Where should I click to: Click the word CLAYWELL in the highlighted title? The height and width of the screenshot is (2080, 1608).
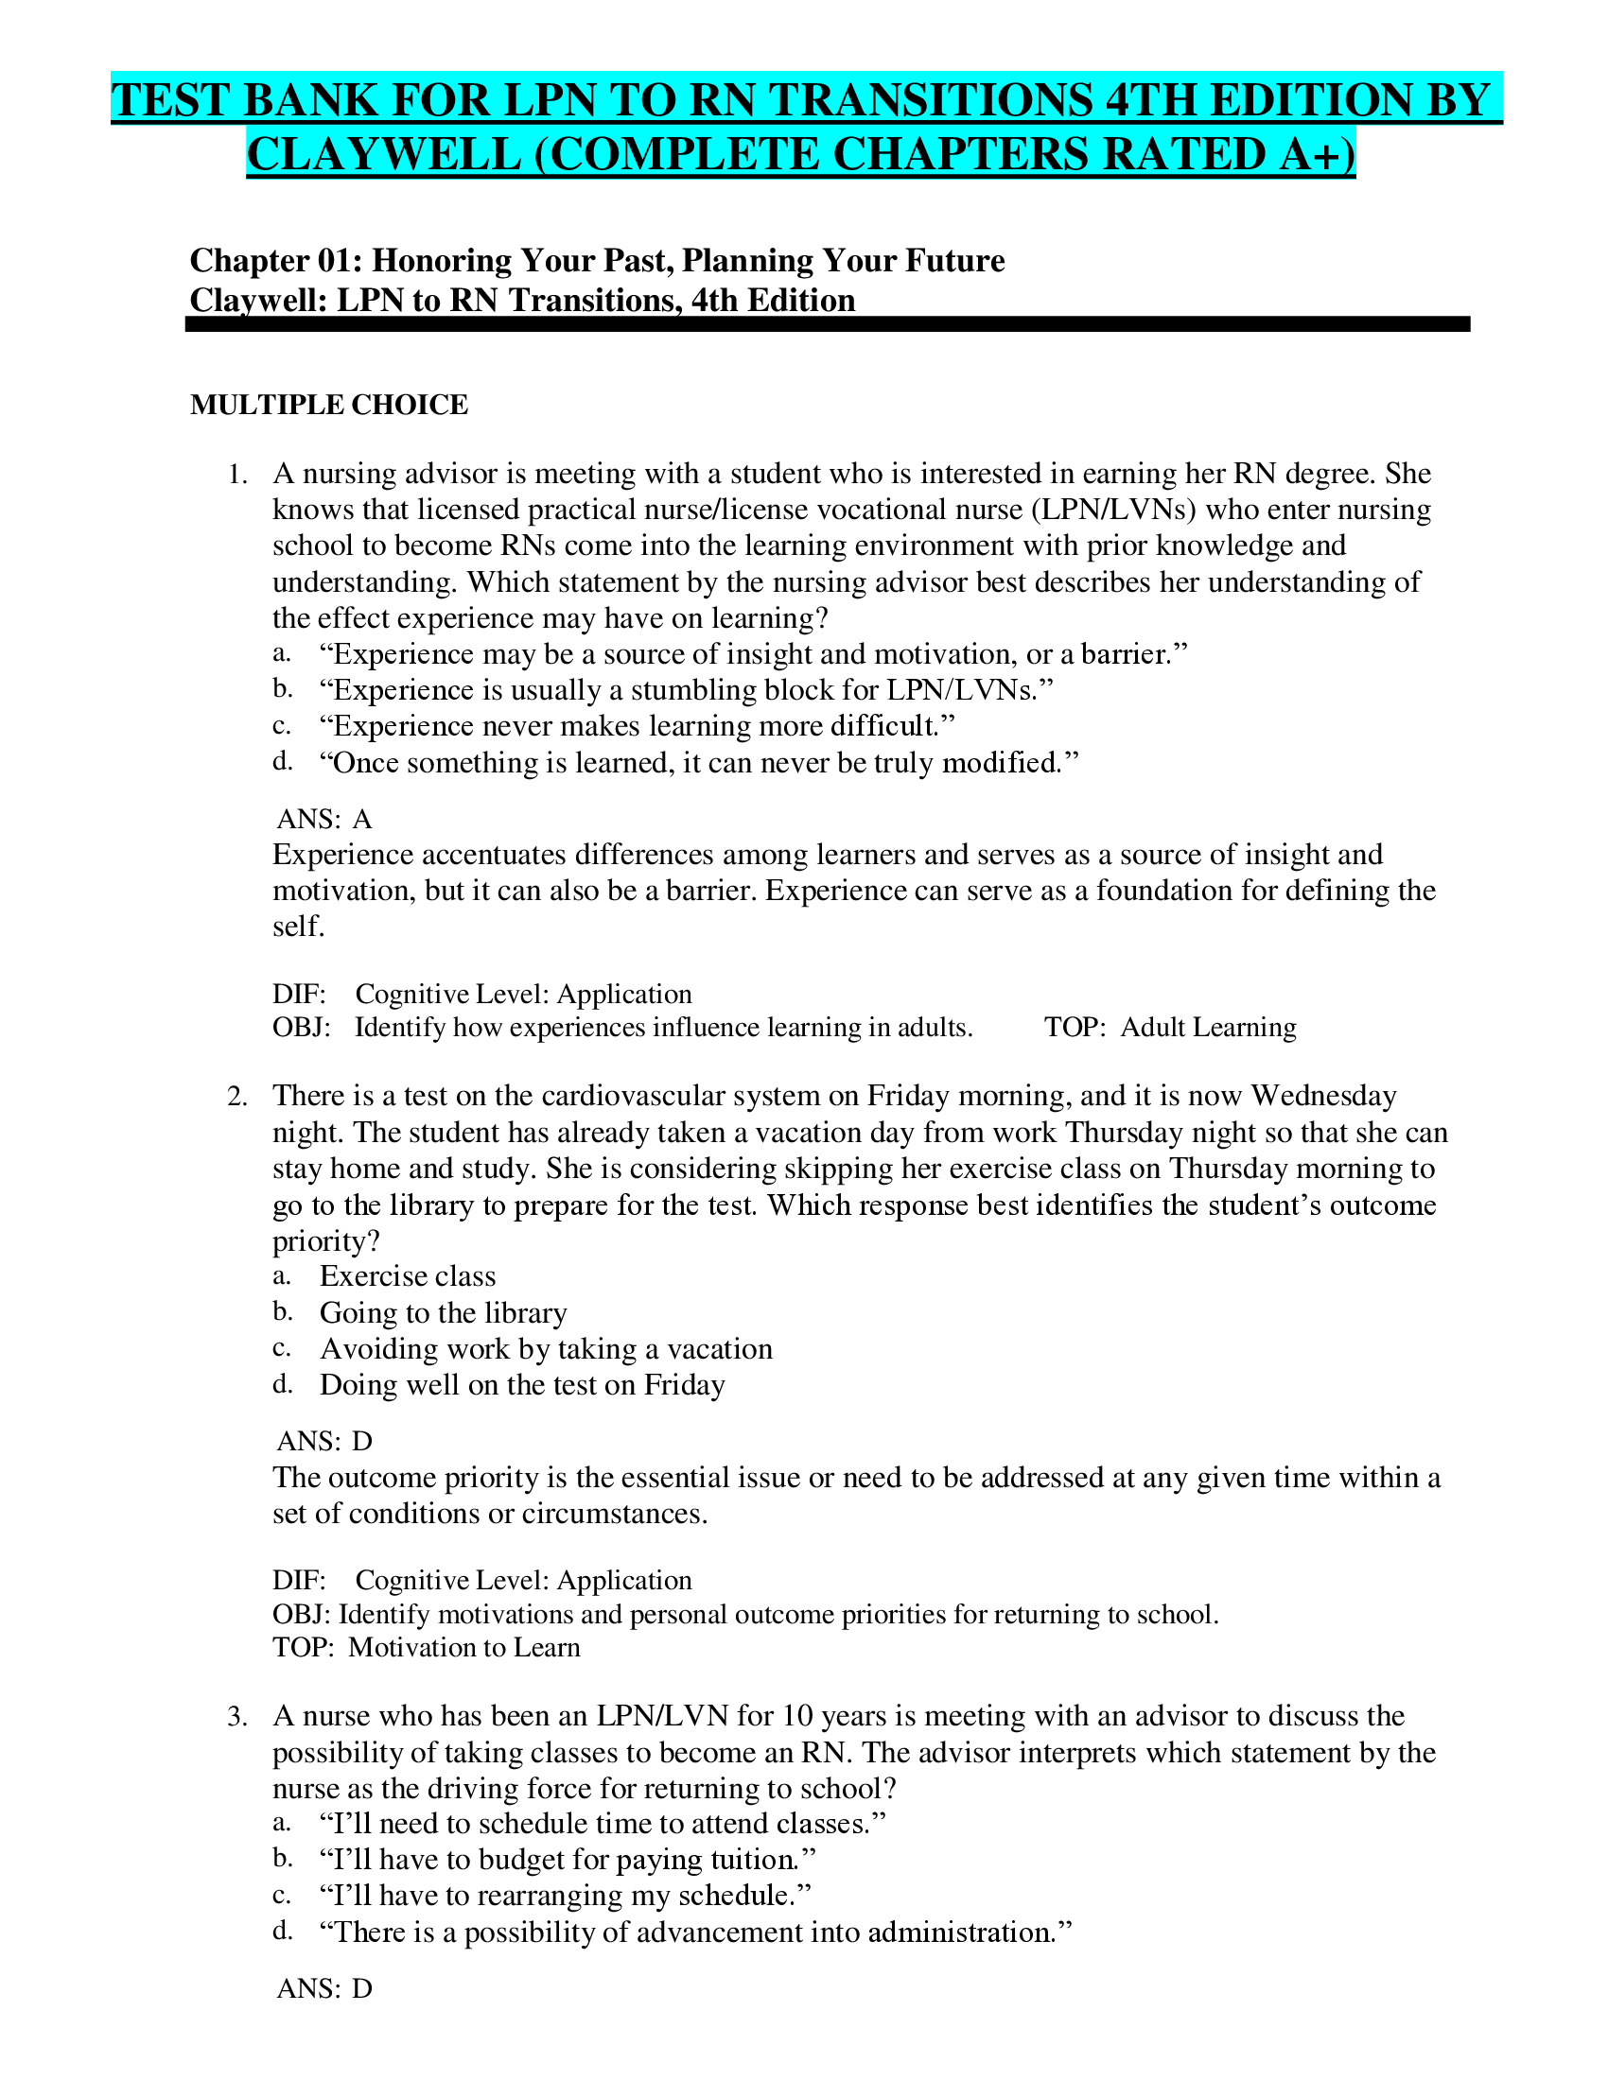click(384, 154)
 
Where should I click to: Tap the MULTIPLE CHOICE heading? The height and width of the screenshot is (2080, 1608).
click(328, 405)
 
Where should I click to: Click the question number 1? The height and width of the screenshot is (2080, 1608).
click(238, 475)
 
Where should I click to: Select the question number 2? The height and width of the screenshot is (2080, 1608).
click(238, 1096)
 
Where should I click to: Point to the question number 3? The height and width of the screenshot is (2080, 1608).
click(238, 1716)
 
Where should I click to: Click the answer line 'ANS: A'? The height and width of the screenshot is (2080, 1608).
click(323, 819)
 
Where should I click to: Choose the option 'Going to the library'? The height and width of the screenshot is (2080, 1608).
click(443, 1312)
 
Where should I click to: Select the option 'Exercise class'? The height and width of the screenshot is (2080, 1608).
click(408, 1276)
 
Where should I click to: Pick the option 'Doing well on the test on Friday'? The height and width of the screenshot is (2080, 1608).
click(522, 1385)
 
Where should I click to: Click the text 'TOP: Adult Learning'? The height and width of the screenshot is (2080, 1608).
click(1170, 1027)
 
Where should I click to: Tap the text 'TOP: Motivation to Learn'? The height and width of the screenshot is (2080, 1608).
click(426, 1647)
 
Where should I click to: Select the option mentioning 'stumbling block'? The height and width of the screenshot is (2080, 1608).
click(686, 689)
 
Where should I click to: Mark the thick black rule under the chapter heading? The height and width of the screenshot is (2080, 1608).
click(827, 324)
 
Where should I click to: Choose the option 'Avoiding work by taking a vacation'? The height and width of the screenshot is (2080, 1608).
click(546, 1348)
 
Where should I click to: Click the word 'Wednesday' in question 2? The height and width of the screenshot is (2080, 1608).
click(1323, 1096)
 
